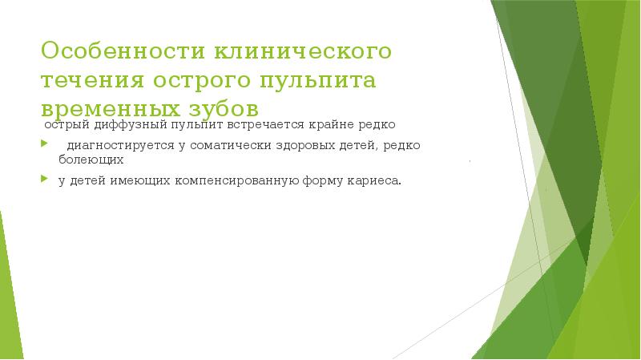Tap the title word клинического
coord(301,52)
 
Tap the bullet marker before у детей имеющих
coord(46,181)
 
